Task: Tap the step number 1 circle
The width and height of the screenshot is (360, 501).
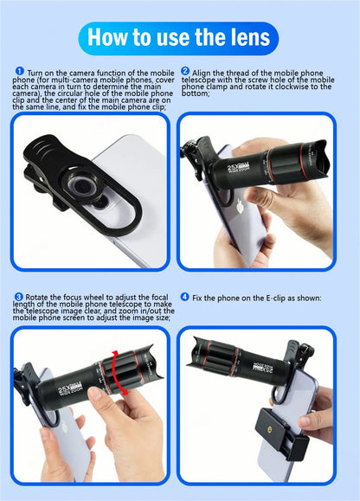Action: point(19,72)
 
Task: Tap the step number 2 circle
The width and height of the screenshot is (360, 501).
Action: point(185,71)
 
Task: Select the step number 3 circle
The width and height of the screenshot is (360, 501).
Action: point(19,297)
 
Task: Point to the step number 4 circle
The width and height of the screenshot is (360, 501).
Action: point(184,297)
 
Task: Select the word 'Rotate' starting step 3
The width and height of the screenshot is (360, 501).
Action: point(39,297)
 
